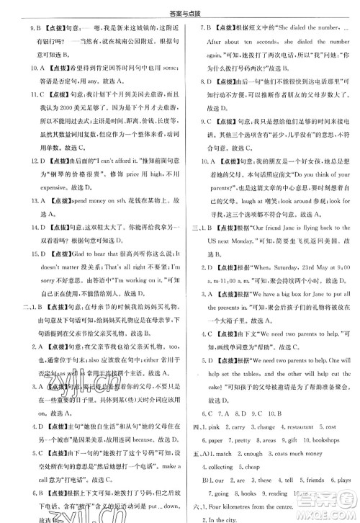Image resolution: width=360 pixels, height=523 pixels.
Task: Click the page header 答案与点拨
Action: pos(179,7)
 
